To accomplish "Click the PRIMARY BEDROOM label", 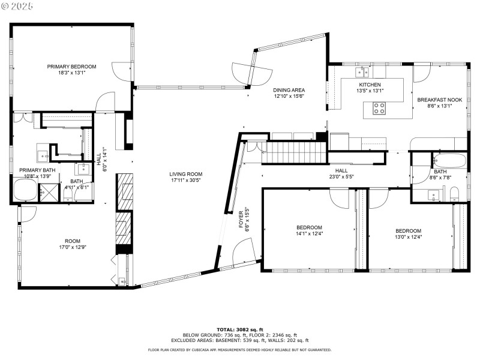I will pyautogui.click(x=71, y=67).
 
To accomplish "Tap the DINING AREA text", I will pyautogui.click(x=289, y=90).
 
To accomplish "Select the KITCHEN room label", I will pyautogui.click(x=370, y=85).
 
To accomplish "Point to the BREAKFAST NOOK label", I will pyautogui.click(x=440, y=100).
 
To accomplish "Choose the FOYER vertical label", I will pyautogui.click(x=241, y=220).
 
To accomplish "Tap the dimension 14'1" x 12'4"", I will pyautogui.click(x=310, y=234).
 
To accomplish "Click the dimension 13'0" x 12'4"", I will pyautogui.click(x=408, y=237).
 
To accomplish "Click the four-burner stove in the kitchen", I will pyautogui.click(x=380, y=108).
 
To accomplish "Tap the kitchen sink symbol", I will pyautogui.click(x=362, y=73).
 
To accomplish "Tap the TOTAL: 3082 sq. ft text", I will pyautogui.click(x=240, y=329).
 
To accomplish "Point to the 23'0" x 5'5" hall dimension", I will pyautogui.click(x=341, y=177).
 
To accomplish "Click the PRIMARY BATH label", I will pyautogui.click(x=37, y=170).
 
